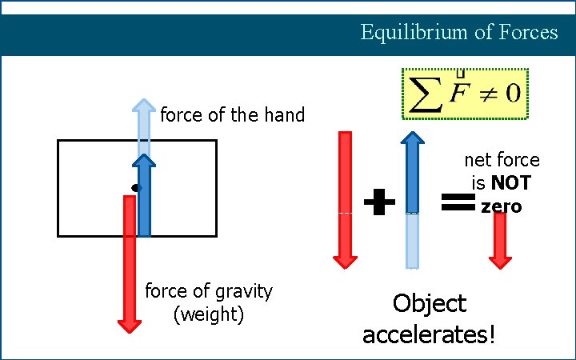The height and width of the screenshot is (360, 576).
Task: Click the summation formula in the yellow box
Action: [x=464, y=94]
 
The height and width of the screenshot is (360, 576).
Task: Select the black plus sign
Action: [x=379, y=203]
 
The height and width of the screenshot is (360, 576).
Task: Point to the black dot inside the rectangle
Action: [x=135, y=188]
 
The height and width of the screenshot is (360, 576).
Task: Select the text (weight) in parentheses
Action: [x=208, y=314]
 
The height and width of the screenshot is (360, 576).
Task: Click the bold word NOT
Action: [x=511, y=183]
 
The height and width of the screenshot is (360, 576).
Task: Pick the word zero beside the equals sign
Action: [x=502, y=207]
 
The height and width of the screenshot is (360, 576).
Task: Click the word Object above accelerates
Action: [x=429, y=304]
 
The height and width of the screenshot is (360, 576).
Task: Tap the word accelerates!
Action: [x=429, y=334]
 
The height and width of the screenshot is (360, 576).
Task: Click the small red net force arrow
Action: [x=500, y=241]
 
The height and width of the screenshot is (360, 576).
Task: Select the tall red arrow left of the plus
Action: [x=345, y=200]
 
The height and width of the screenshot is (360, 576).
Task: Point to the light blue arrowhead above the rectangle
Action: [x=144, y=107]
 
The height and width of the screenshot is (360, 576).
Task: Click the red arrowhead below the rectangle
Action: [x=129, y=323]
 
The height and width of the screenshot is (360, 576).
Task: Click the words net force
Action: [x=502, y=161]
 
